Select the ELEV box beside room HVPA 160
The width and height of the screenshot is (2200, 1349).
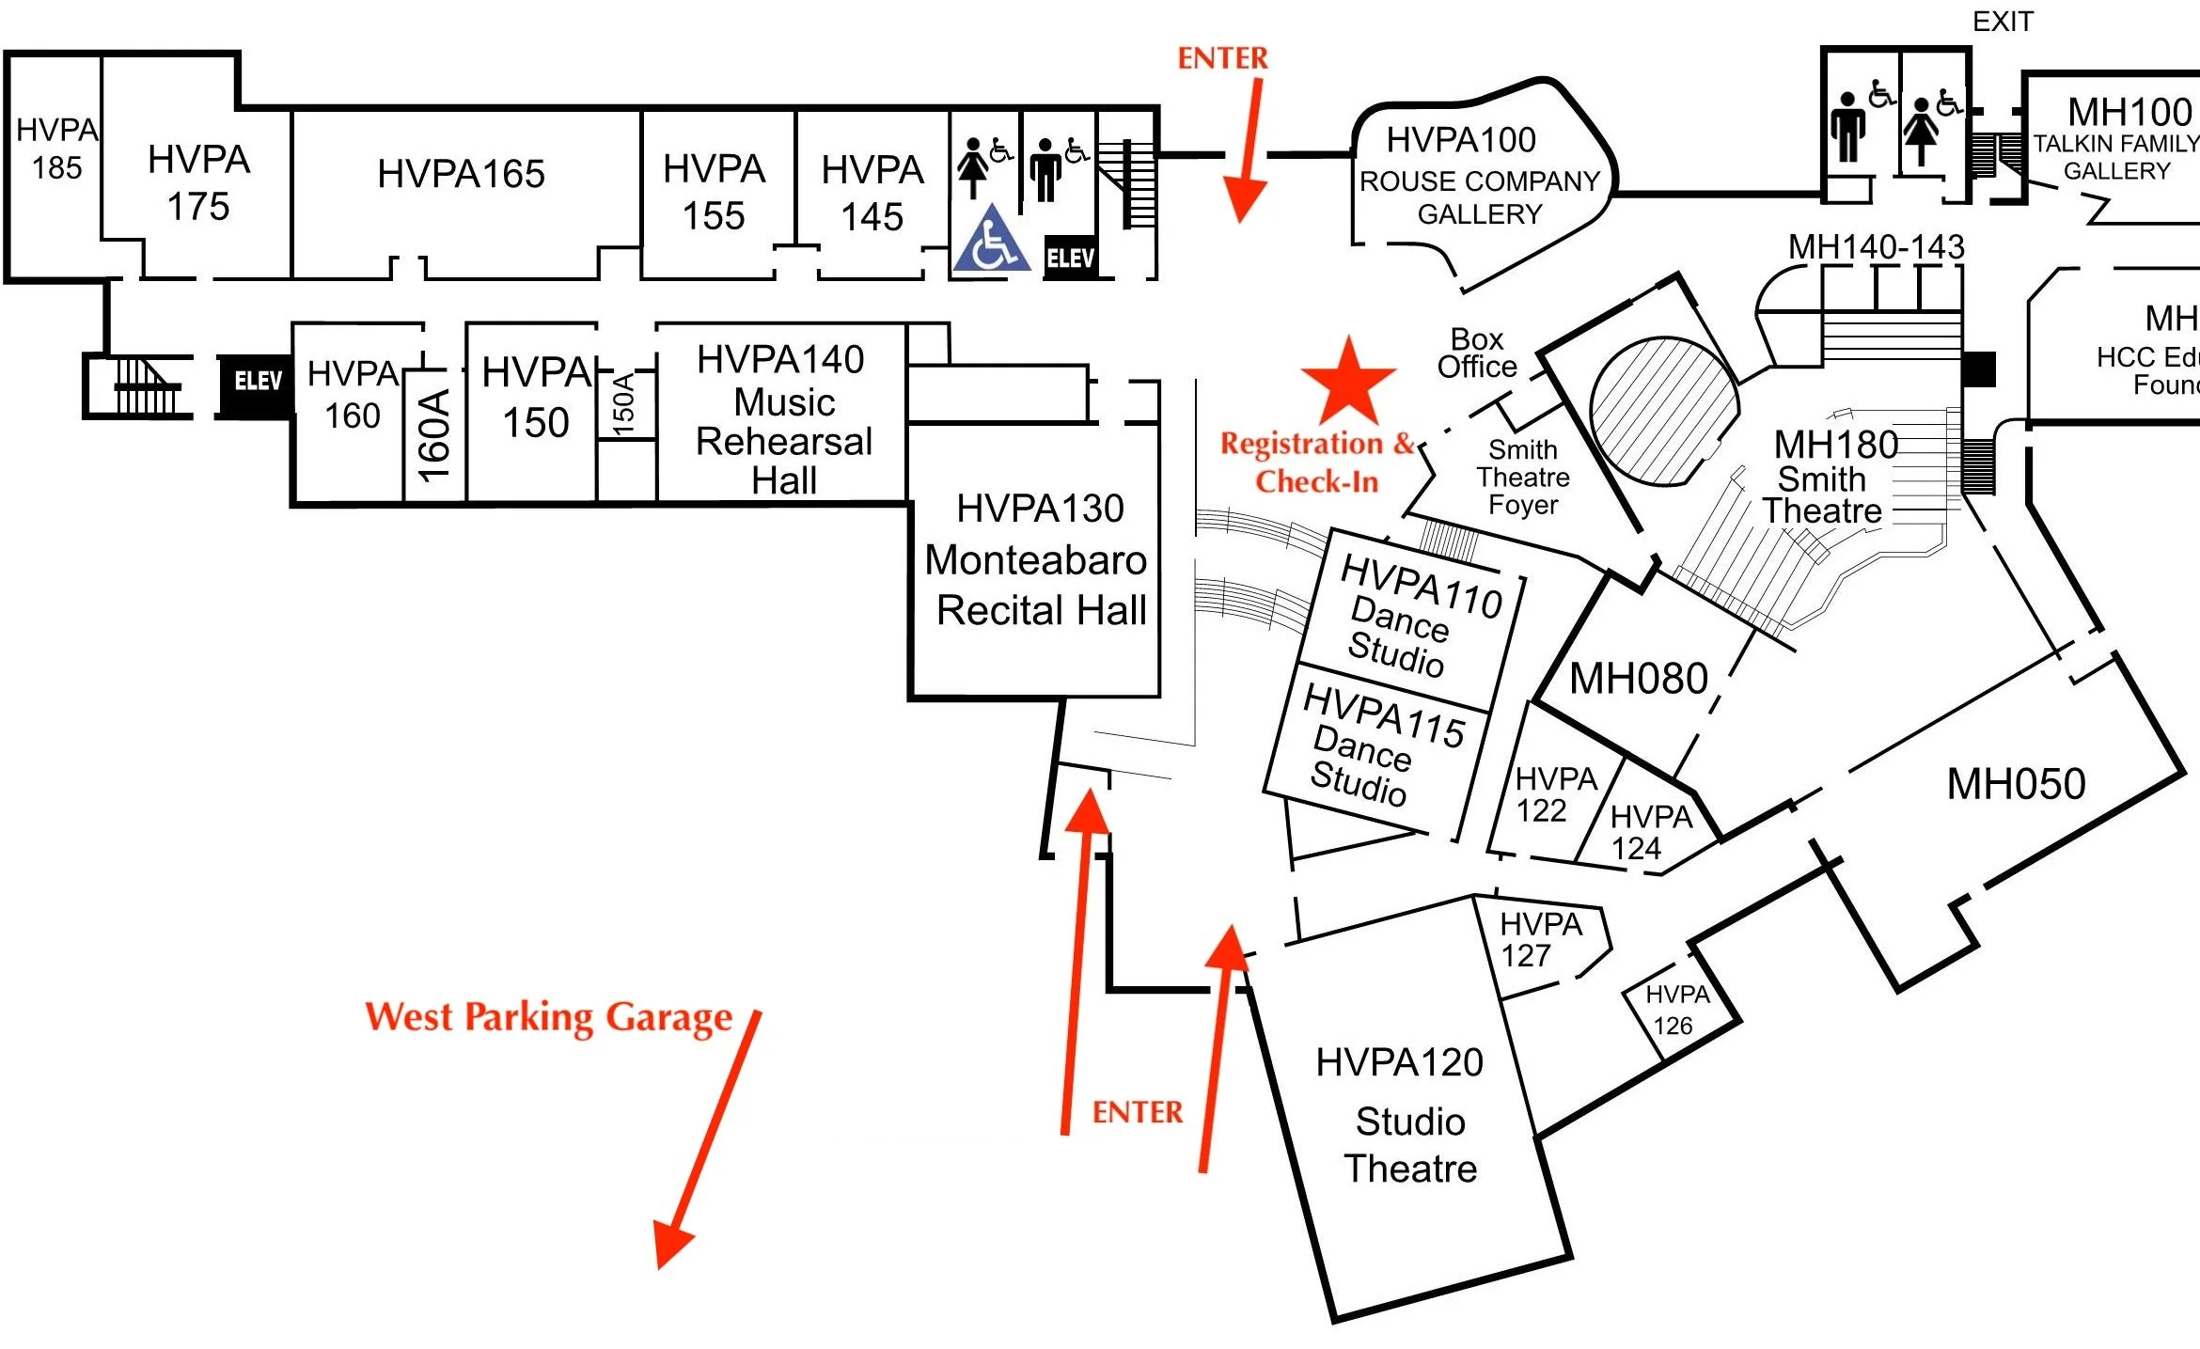257,382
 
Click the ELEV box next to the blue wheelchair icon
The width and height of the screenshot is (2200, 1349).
1070,258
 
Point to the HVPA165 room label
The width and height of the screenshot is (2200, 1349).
461,174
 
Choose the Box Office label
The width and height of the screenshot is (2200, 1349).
1476,353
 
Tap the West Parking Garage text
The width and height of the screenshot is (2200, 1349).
548,1017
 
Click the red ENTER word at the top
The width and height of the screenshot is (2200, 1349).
1222,58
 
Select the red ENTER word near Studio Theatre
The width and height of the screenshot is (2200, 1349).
1137,1112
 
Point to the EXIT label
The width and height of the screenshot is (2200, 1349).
2002,22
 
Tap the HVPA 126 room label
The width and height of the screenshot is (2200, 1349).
1676,1010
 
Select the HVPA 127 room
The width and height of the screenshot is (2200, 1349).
1540,940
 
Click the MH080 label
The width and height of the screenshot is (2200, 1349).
1638,679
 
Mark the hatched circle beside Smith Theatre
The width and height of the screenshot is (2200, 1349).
1663,411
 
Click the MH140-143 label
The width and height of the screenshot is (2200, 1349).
1876,247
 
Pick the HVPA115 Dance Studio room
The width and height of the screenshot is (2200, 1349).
1376,747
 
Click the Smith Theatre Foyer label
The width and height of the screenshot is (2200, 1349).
1522,478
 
